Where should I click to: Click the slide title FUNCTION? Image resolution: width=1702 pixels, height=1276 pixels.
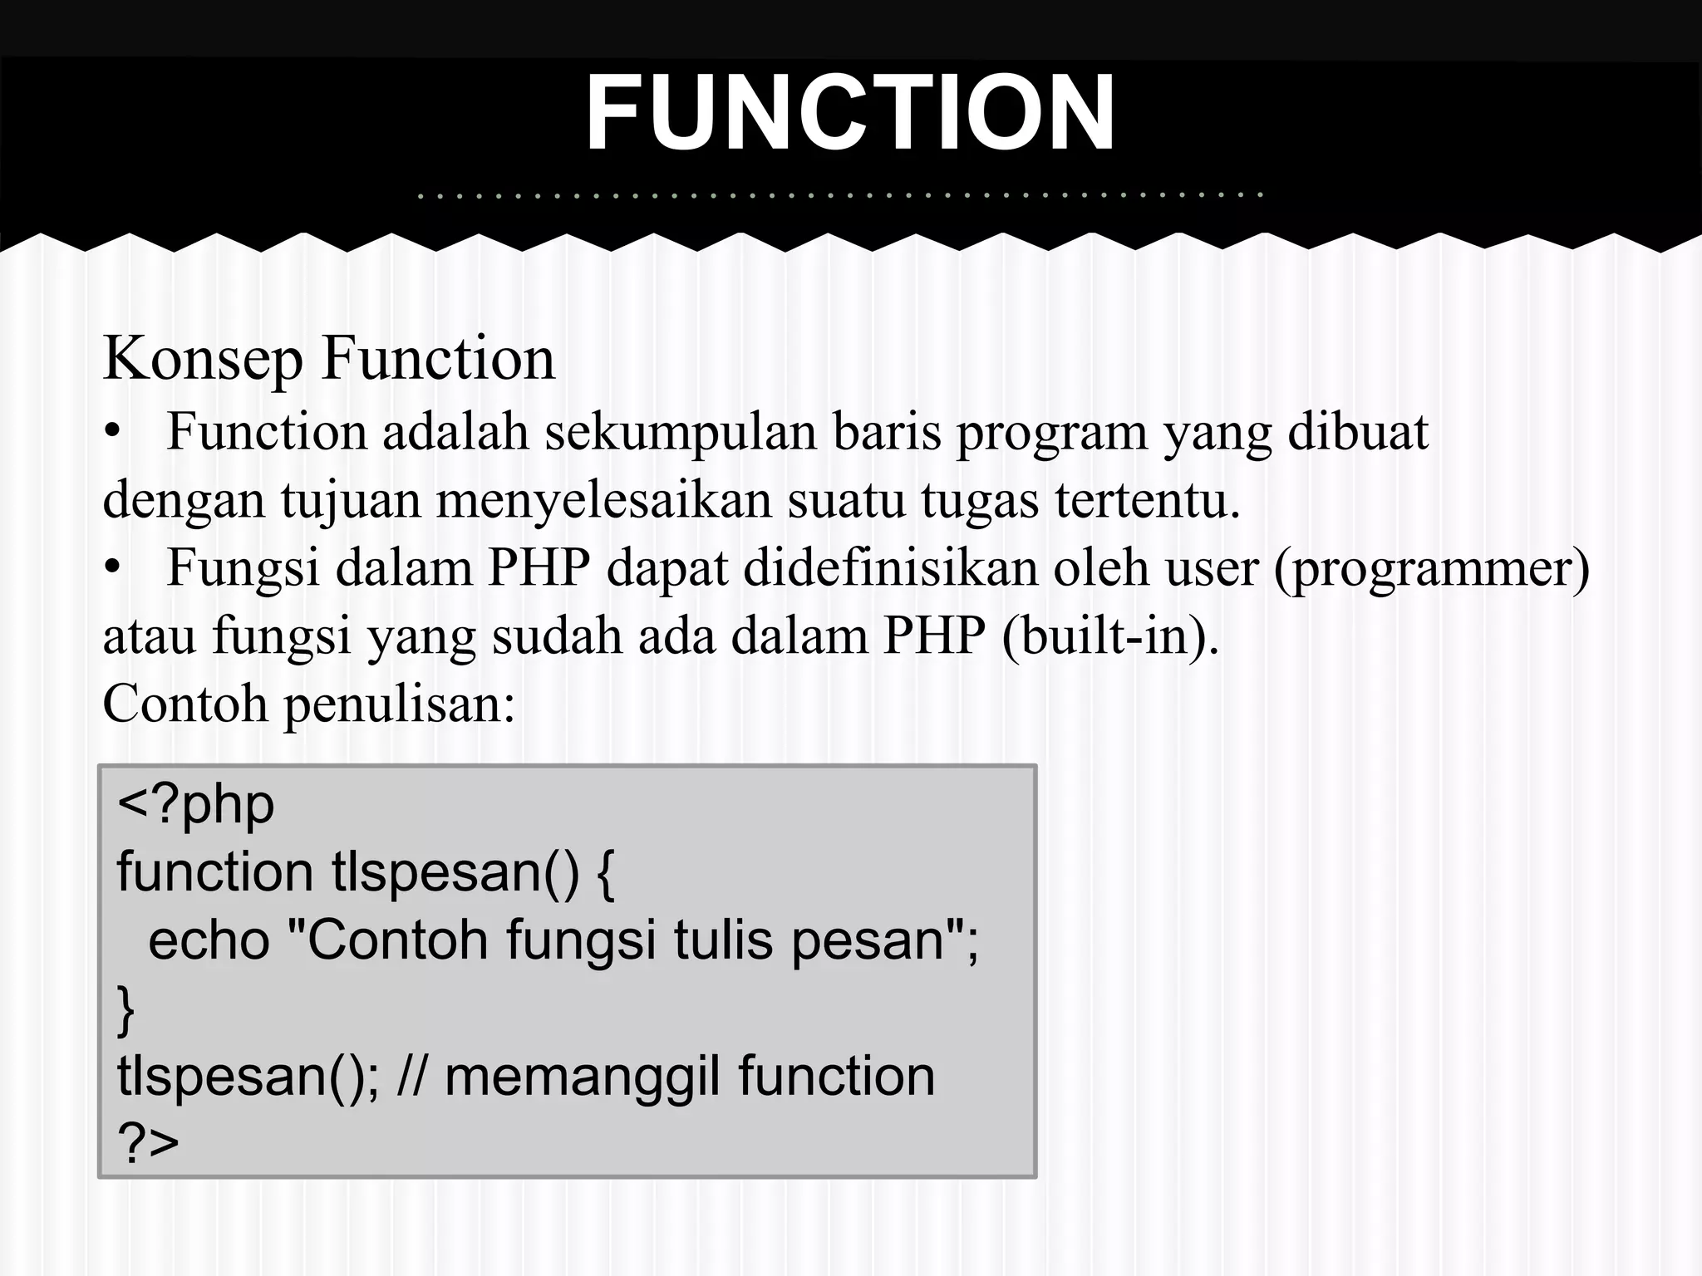[x=850, y=114]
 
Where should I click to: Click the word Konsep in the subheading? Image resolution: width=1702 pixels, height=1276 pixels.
[x=203, y=359]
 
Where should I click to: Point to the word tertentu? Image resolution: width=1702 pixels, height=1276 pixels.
[x=1148, y=500]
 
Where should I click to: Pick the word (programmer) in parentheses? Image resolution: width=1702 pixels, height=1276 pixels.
[x=1432, y=570]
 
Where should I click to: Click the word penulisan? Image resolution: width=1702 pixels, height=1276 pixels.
[x=400, y=704]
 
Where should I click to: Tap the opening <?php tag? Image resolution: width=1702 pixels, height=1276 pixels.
[x=195, y=804]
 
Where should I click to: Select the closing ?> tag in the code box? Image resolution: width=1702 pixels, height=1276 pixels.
[x=149, y=1143]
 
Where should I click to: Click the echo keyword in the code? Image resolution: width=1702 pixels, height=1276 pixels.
[x=209, y=940]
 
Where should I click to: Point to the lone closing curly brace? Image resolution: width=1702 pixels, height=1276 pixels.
[x=125, y=1010]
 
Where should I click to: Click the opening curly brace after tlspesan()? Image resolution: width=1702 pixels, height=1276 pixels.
[x=606, y=874]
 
